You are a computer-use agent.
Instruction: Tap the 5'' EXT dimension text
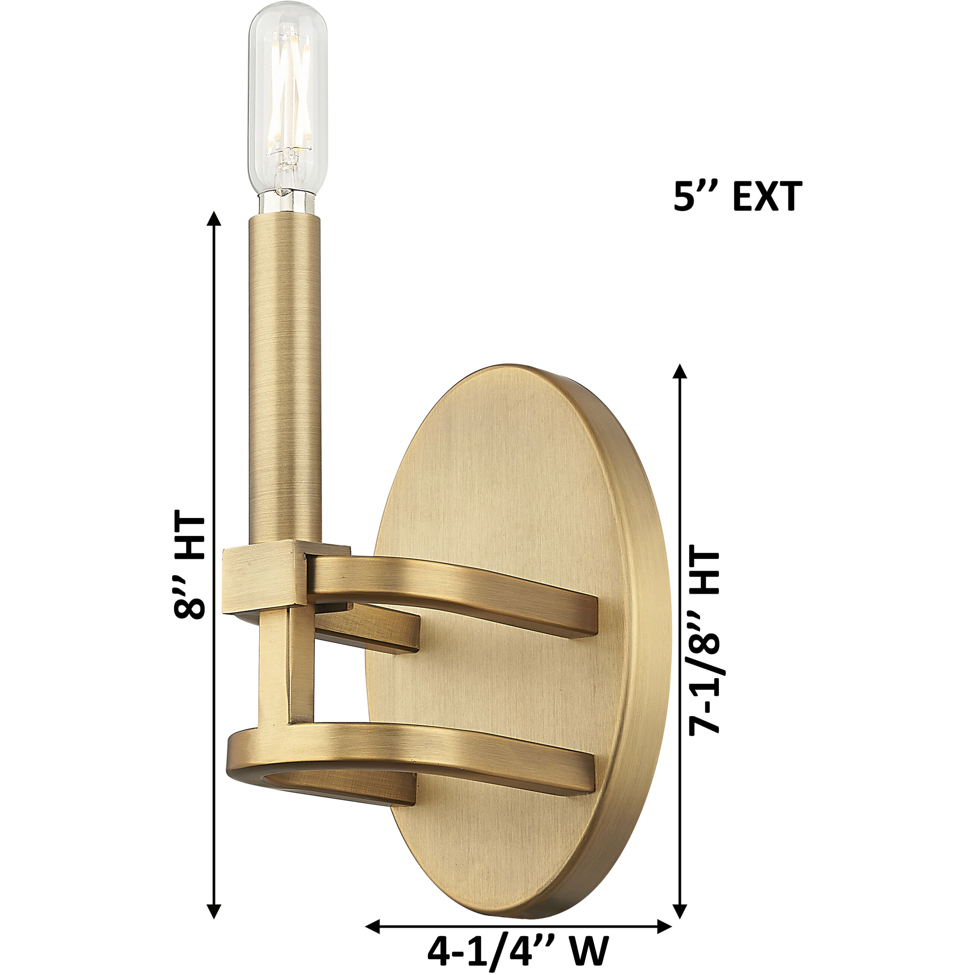tap(737, 197)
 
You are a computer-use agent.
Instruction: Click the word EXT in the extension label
tap(767, 197)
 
